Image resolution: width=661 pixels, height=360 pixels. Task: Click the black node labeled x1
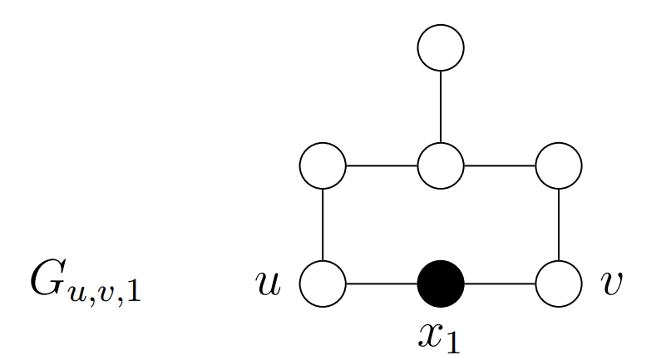tap(441, 284)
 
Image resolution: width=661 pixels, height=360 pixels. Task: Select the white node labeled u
tap(323, 284)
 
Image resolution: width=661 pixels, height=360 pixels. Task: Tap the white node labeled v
tap(559, 284)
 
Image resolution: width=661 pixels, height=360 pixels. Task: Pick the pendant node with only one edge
tap(441, 47)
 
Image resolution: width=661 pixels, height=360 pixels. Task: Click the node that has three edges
tap(441, 165)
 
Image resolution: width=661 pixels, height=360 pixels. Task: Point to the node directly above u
tap(323, 165)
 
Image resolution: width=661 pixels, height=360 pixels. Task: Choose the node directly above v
tap(559, 165)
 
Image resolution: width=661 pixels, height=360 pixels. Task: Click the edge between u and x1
tap(382, 284)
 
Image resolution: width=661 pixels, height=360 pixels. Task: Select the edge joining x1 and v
tap(500, 284)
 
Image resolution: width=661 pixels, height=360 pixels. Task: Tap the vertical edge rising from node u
tap(323, 224)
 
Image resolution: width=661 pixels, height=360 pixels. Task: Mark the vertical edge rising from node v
tap(559, 224)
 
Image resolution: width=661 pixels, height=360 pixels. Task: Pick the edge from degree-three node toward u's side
tap(382, 165)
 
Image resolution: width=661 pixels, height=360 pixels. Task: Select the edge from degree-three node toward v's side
tap(500, 165)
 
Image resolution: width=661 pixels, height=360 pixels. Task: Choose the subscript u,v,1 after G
tap(105, 293)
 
